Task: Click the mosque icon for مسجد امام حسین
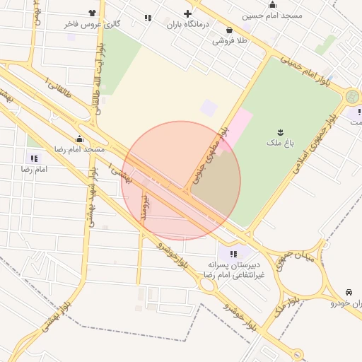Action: point(272,5)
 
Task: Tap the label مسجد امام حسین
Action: point(272,16)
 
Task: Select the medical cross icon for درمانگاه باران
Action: point(187,14)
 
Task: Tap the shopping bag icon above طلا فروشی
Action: point(230,30)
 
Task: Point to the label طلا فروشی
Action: point(230,41)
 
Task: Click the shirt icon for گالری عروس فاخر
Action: point(92,13)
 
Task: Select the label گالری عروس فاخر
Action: point(92,24)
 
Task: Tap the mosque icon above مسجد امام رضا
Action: point(79,139)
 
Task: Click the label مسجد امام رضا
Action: point(80,150)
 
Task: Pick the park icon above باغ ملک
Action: point(280,132)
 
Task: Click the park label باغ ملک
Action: point(280,144)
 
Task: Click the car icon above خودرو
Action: point(349,293)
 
